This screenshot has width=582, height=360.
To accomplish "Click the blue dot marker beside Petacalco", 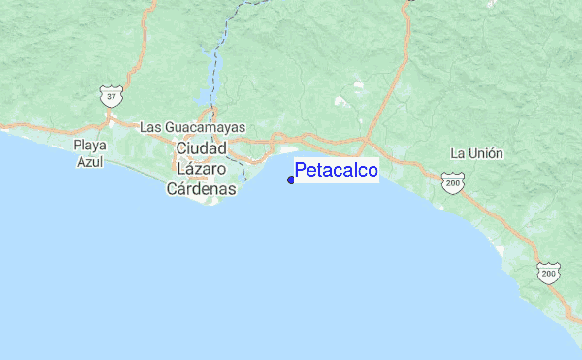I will click(291, 180).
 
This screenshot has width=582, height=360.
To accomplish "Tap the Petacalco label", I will click(337, 171).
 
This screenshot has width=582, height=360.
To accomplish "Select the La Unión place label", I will click(476, 153).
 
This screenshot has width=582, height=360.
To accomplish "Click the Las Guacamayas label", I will click(192, 127).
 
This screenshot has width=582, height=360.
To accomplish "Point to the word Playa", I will click(90, 146).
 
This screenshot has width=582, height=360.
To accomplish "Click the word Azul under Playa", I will click(90, 162).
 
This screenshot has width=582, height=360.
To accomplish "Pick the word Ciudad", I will click(202, 147).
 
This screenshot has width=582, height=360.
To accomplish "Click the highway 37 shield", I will click(112, 97).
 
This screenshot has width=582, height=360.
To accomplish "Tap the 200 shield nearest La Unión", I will click(450, 181).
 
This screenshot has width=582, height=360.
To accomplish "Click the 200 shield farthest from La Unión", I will click(550, 274).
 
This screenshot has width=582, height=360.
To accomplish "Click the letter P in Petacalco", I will click(301, 171).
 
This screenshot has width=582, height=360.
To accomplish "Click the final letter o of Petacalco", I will click(372, 171).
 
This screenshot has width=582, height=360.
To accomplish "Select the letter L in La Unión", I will click(455, 153).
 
